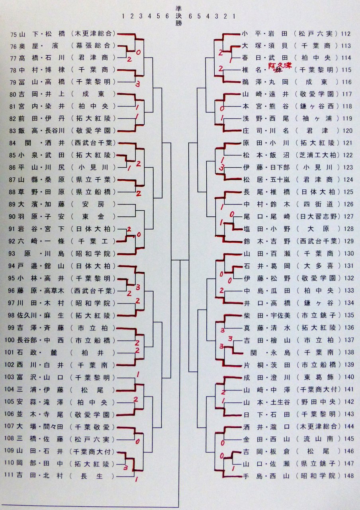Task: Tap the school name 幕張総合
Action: (94, 46)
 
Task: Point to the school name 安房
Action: (94, 205)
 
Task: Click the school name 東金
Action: (94, 217)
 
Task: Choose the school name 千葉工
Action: (94, 241)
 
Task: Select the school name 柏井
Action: (94, 353)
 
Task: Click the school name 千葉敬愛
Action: (94, 427)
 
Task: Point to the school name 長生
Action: (94, 476)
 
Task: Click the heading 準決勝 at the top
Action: (178, 16)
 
